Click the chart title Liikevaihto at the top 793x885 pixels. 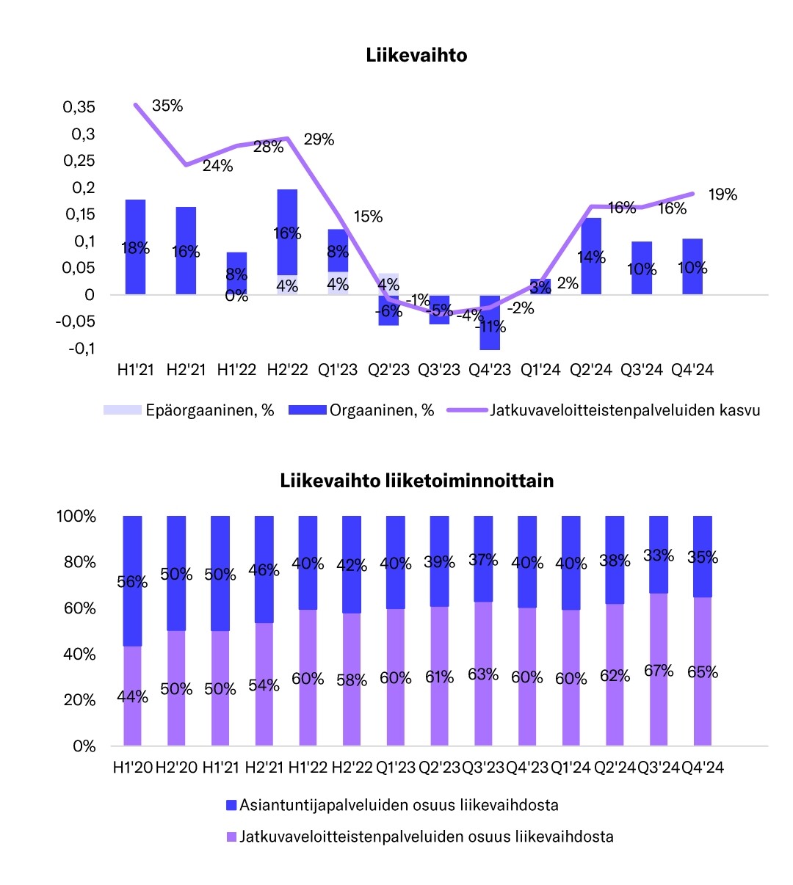click(x=416, y=56)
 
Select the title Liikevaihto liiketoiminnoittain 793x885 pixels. click(x=416, y=481)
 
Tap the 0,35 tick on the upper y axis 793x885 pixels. click(x=79, y=107)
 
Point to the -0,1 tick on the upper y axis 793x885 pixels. click(x=82, y=348)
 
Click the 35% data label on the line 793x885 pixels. click(x=167, y=106)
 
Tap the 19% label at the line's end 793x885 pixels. click(x=723, y=194)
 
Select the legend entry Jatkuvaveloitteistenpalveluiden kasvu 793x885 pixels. click(x=625, y=410)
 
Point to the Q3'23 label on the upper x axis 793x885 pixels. click(x=439, y=370)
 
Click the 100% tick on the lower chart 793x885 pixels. click(x=76, y=517)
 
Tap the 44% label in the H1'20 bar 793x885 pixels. click(x=132, y=696)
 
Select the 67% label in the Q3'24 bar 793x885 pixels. click(x=659, y=671)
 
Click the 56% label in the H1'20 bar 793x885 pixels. click(x=132, y=582)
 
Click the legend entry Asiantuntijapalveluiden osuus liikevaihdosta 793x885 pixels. click(x=399, y=805)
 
